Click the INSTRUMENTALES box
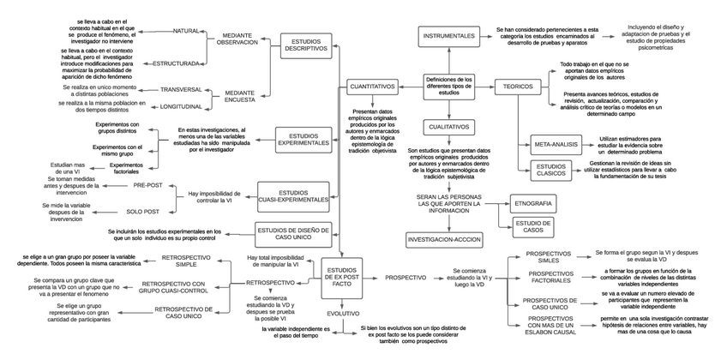click(x=448, y=36)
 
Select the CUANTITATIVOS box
click(x=371, y=87)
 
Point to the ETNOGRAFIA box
click(x=532, y=203)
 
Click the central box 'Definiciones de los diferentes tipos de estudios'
click(x=448, y=86)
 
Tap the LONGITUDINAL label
click(x=181, y=106)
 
